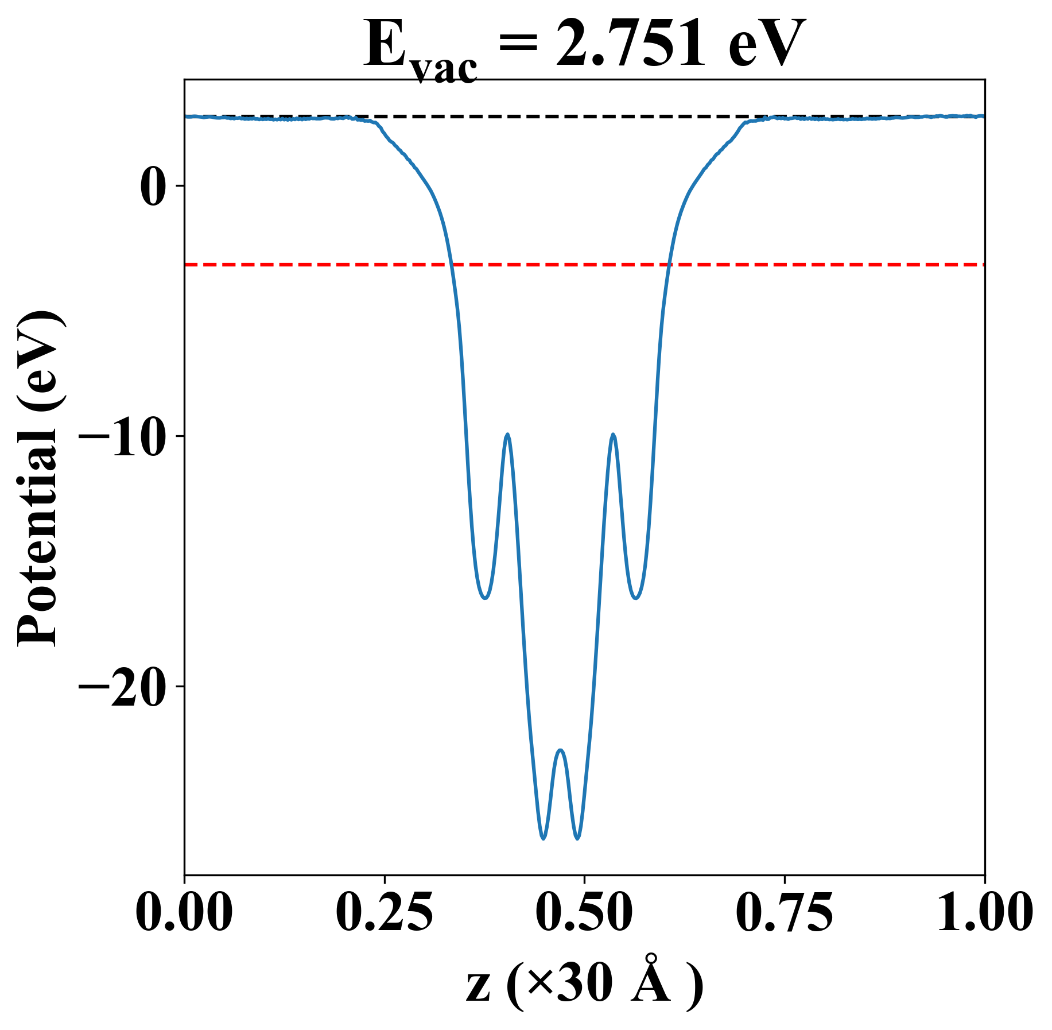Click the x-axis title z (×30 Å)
coord(584,985)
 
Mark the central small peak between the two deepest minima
coord(561,750)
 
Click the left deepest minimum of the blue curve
coord(543,838)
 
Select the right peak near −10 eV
coord(614,435)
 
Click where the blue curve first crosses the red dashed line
coord(452,265)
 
